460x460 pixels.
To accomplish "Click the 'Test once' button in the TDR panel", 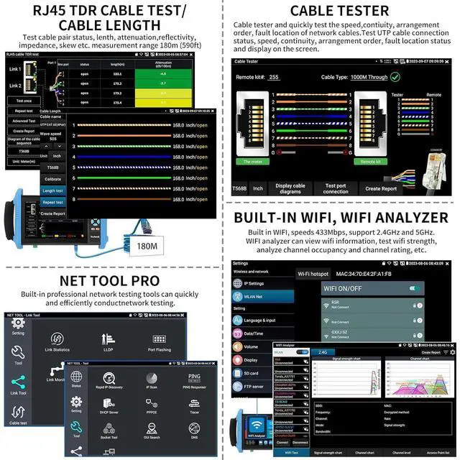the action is tap(24, 101).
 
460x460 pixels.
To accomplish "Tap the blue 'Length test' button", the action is tap(52, 190).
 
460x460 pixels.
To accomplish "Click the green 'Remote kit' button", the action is tap(370, 162).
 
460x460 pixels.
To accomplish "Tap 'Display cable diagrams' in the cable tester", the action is tap(289, 188).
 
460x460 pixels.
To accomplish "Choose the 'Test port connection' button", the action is tap(335, 188).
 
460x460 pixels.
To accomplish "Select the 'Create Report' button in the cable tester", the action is tap(381, 188).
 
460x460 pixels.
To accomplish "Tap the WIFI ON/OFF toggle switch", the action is tap(414, 288).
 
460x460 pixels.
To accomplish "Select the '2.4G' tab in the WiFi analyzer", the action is tap(322, 352).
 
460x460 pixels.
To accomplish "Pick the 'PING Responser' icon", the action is tap(195, 380).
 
